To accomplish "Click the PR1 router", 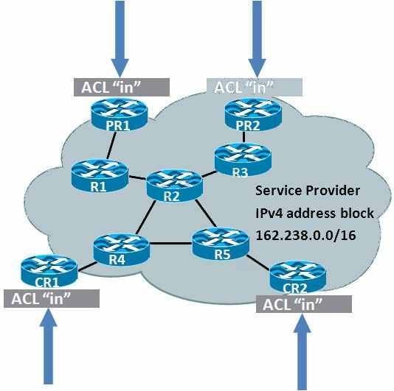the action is pos(119,115).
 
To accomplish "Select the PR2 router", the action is pos(253,115).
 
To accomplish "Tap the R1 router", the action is pos(100,175).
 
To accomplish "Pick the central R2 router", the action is pos(174,186).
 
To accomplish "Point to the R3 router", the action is pos(243,160).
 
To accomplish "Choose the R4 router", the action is pos(122,250).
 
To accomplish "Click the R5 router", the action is pos(221,243).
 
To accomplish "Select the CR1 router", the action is pos(49,271).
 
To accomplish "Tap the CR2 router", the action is pos(298,277).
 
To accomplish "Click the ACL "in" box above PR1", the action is pos(122,87).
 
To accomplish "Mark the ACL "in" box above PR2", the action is pos(255,87).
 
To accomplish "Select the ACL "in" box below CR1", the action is pos(52,298).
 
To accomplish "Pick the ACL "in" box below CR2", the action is pos(304,304).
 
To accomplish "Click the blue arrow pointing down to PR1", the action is pos(120,39).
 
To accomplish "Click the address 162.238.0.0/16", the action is pos(305,235).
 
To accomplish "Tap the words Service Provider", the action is pos(308,191).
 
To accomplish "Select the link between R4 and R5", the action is pos(171,243).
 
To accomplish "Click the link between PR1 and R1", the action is pos(111,145).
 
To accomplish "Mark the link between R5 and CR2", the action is pos(259,263).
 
